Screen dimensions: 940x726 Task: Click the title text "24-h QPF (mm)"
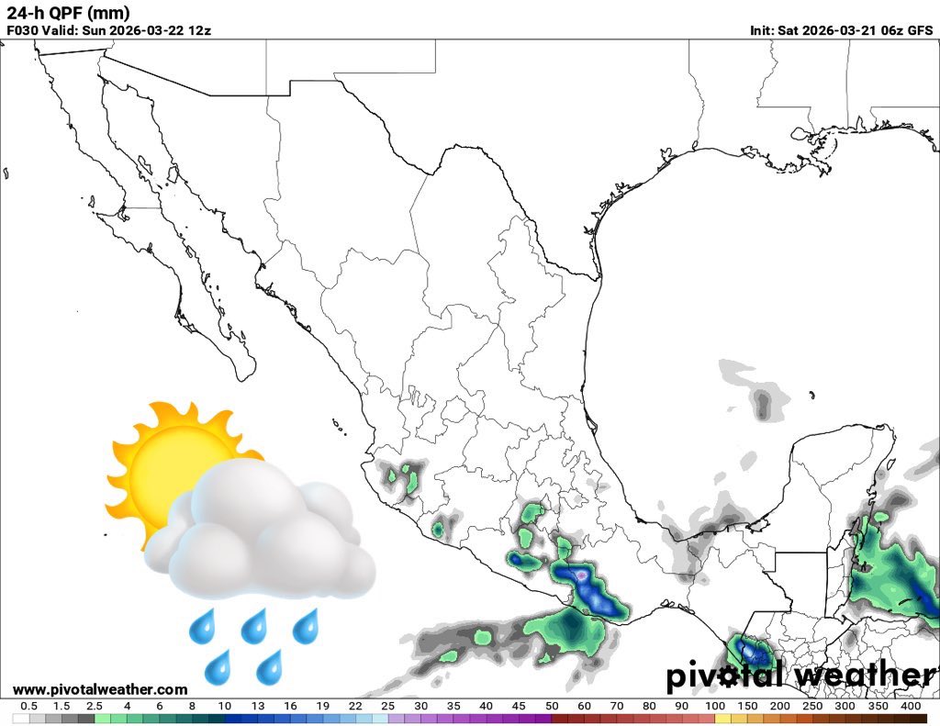(x=68, y=13)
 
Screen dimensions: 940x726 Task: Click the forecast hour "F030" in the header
(x=23, y=29)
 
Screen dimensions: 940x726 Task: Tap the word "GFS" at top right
(x=921, y=29)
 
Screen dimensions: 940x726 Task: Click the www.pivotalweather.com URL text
(x=100, y=689)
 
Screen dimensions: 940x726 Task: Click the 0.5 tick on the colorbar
(x=28, y=706)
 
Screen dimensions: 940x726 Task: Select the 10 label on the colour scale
(x=225, y=706)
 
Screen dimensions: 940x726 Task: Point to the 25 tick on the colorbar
(x=388, y=706)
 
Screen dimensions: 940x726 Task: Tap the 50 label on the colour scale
(x=552, y=706)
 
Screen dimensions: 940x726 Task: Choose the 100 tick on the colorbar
(x=715, y=706)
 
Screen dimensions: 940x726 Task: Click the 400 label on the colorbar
(x=911, y=706)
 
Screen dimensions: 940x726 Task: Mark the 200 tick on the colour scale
(x=780, y=706)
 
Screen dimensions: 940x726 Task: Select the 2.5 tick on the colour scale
(x=95, y=706)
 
